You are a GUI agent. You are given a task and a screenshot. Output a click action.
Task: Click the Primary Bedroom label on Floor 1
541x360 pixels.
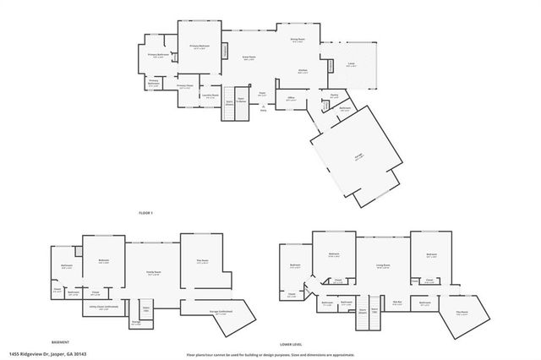click(199, 47)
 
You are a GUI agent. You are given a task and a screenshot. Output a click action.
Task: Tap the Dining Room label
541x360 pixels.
click(298, 39)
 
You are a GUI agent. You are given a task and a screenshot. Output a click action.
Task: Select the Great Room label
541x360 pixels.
click(250, 59)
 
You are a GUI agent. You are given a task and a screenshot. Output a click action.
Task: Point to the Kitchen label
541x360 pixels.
click(302, 71)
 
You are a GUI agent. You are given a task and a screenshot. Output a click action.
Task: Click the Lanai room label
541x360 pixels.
click(351, 64)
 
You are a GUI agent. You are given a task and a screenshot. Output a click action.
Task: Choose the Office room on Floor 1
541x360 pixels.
click(291, 99)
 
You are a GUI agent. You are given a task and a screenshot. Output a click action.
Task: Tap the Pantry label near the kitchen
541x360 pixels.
click(334, 95)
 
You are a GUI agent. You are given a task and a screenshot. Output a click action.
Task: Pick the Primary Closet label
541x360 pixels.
click(185, 86)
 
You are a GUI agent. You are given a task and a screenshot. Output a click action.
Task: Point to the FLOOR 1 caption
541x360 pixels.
click(145, 212)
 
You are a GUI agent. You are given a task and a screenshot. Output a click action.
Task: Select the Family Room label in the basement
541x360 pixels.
click(154, 271)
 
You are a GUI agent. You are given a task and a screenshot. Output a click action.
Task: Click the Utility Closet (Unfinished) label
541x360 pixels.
click(99, 308)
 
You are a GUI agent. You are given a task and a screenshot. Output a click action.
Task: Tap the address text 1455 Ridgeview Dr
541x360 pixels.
click(47, 354)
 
